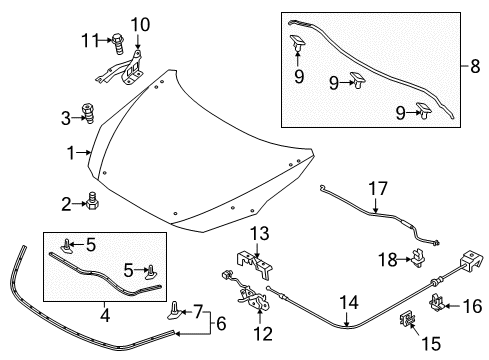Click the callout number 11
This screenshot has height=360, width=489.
point(90,41)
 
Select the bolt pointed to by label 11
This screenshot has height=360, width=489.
point(118,44)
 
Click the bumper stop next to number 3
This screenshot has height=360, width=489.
point(89,113)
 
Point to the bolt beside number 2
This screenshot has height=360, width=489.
point(92,201)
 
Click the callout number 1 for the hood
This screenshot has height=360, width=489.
point(71,153)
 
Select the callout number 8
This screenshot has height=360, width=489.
point(475,66)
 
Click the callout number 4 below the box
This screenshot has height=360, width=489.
point(105,315)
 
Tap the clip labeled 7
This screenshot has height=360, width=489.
point(174,311)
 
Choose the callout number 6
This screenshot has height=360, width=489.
point(221,323)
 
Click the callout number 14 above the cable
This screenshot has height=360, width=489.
point(349,303)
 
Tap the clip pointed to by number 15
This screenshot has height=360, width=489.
point(407,318)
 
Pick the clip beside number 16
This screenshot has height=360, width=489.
point(436,302)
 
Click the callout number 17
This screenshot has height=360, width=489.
point(378,189)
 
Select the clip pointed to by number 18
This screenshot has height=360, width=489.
point(419,258)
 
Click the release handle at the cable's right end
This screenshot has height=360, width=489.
point(471,260)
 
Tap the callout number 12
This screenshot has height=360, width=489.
point(263,333)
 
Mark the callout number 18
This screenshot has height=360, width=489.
point(388,260)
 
